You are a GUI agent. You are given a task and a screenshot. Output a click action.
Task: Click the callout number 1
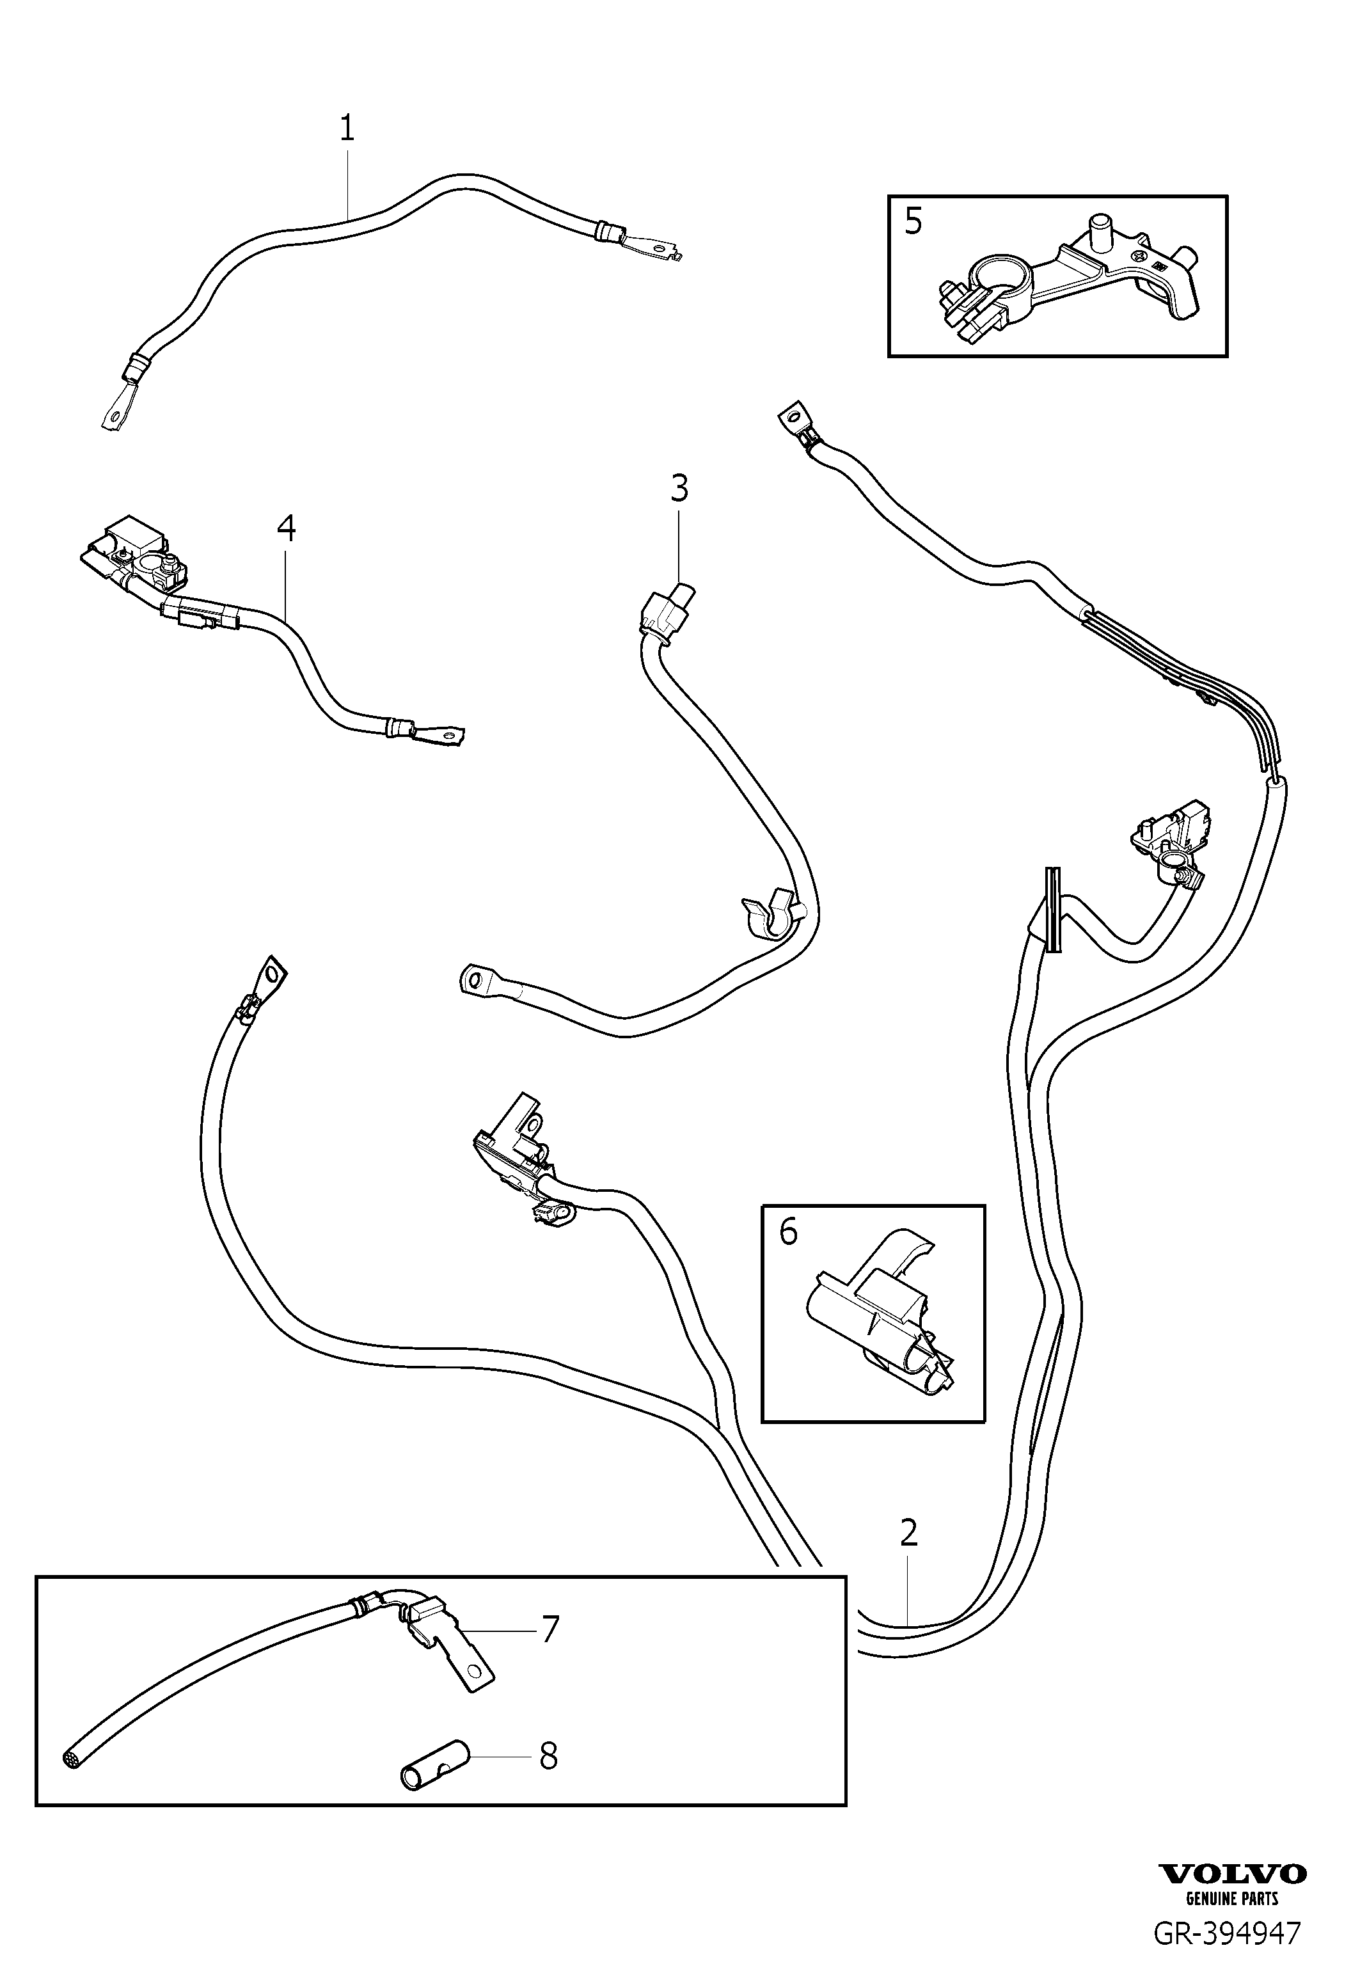coord(347,128)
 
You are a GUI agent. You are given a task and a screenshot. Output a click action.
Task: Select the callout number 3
coord(679,489)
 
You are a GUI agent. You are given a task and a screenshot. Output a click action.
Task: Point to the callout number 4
coord(287,528)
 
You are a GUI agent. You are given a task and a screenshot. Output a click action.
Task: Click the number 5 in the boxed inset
coord(913,221)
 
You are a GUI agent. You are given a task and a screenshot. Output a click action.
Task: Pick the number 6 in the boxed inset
coord(788,1232)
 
